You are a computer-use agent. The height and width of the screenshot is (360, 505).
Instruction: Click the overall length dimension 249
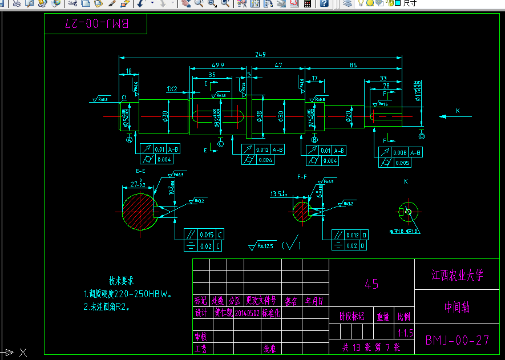point(261,54)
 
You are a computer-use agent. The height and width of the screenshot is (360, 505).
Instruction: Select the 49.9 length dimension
point(217,65)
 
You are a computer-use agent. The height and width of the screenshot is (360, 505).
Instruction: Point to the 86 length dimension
point(353,65)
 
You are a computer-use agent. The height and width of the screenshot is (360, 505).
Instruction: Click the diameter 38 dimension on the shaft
point(260,116)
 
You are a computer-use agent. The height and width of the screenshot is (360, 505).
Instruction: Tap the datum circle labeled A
point(129,139)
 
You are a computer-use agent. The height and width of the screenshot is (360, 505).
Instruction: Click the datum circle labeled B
point(314,139)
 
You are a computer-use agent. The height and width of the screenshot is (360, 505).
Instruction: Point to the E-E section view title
point(140,171)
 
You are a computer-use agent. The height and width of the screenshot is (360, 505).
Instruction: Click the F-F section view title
point(302,177)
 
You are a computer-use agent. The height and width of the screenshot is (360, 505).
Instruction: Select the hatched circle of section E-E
point(139,211)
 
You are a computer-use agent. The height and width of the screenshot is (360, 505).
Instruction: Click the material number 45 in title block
point(371,284)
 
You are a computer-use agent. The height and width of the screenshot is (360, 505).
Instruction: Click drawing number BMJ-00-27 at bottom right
point(457,340)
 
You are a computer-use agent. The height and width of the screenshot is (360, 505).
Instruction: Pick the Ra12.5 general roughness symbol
point(262,246)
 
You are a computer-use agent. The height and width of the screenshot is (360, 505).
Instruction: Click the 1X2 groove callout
point(172,89)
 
